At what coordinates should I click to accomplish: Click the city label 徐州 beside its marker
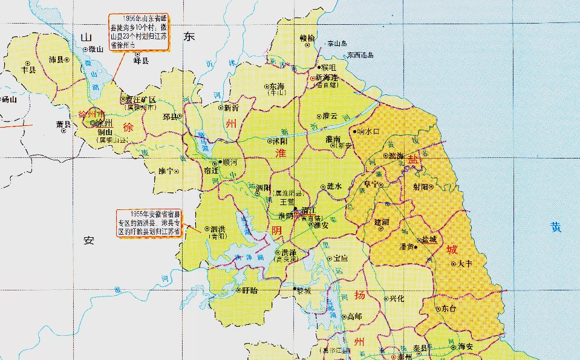104,123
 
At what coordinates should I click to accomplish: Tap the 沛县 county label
56,59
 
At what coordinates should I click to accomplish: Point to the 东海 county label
277,86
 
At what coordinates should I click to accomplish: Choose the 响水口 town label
368,131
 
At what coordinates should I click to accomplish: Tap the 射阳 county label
421,186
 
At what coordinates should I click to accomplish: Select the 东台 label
449,308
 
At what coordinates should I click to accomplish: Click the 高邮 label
354,316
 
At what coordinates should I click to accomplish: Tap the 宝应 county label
341,258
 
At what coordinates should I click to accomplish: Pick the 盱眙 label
249,290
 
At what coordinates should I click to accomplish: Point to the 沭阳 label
279,140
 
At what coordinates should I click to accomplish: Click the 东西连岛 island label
360,55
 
